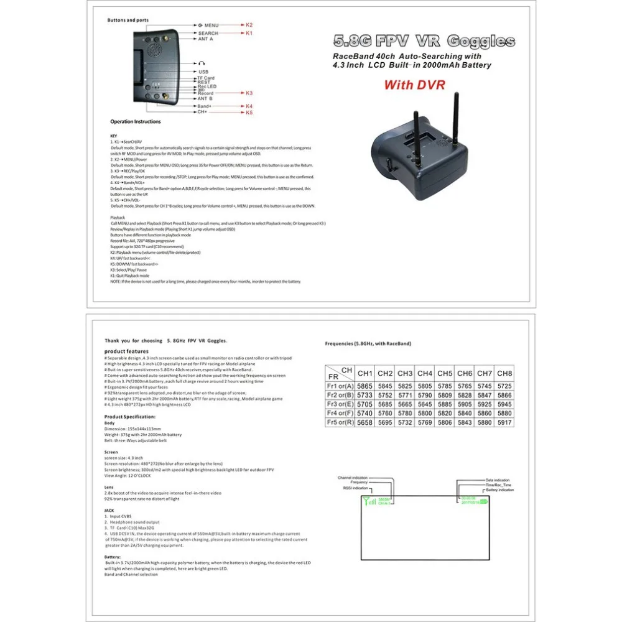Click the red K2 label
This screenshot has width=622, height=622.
(249, 24)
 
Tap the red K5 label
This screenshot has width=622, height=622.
(249, 113)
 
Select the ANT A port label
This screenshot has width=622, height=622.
(205, 39)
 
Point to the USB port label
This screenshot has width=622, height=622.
(203, 72)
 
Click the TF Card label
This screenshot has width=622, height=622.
(206, 78)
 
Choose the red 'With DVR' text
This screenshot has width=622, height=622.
(414, 85)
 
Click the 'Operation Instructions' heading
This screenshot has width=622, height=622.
(136, 122)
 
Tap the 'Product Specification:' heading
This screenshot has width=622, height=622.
(130, 416)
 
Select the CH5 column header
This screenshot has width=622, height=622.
(445, 373)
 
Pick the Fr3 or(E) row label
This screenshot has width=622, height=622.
(340, 403)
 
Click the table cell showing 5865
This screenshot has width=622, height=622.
(365, 386)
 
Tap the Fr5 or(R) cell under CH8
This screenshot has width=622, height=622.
(505, 422)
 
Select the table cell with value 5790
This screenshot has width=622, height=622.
(425, 394)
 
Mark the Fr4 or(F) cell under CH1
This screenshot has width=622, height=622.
(365, 412)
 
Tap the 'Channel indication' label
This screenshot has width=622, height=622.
(353, 478)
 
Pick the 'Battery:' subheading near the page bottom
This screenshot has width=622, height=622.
(113, 557)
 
